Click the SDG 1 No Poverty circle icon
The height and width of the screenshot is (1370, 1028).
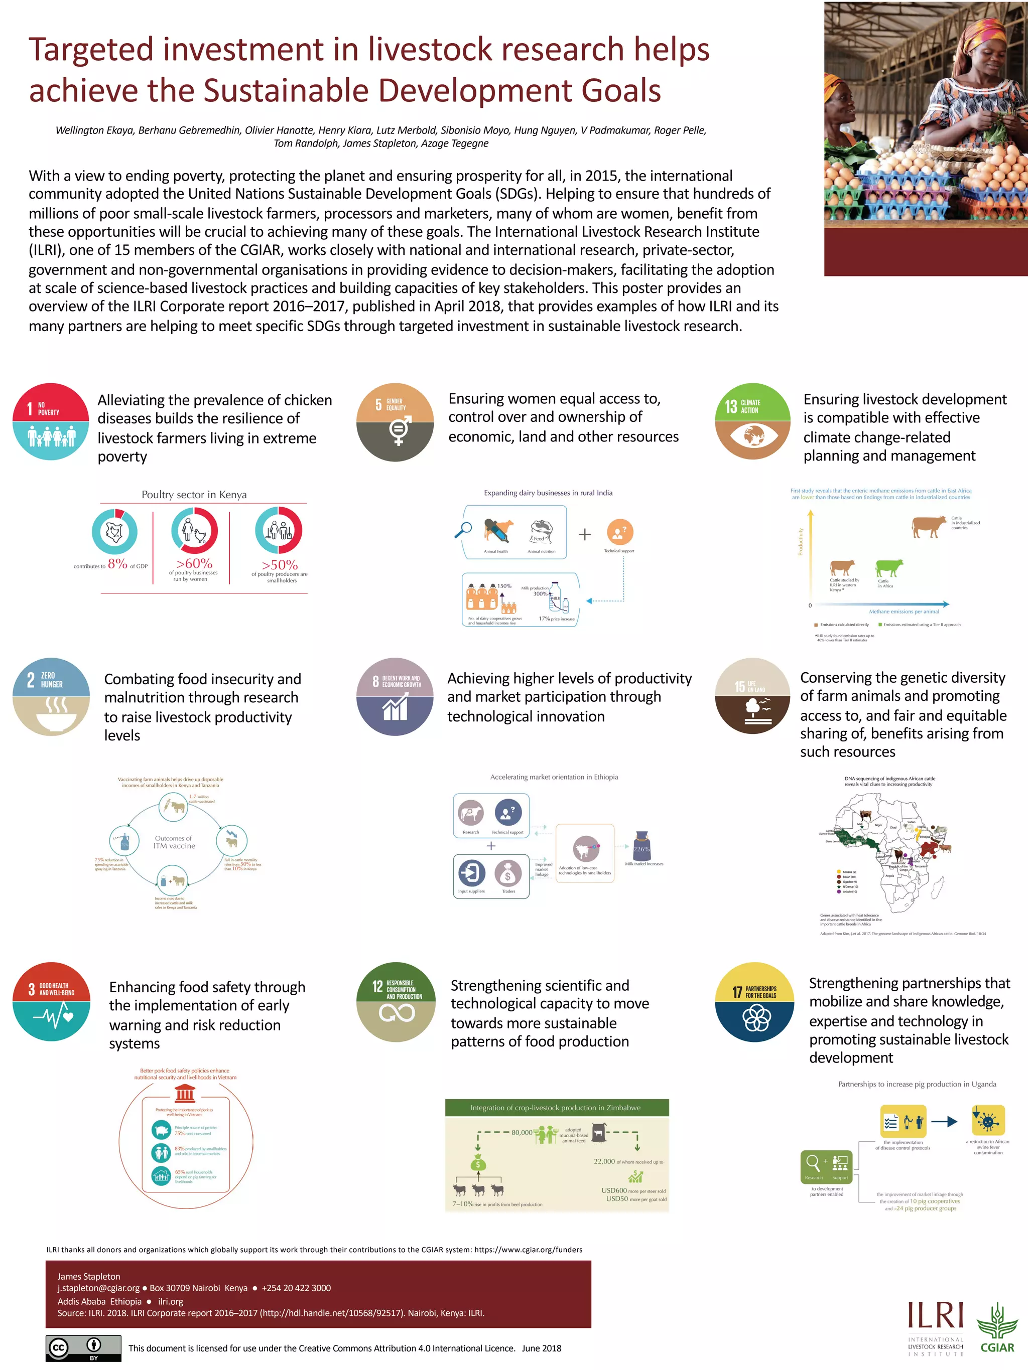(51, 421)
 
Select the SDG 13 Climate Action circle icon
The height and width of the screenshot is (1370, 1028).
(752, 421)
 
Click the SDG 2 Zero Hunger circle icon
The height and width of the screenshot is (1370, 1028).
(51, 697)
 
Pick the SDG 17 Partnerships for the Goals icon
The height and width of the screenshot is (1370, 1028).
(754, 1001)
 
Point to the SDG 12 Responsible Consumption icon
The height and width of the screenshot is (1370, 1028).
(396, 1001)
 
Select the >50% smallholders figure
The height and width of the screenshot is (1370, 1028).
(280, 565)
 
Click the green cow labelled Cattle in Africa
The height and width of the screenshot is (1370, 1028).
(888, 567)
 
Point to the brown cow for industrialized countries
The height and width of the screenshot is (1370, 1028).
(928, 526)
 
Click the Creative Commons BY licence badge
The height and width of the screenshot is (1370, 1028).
(83, 1348)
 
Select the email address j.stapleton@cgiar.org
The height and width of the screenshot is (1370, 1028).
(98, 1288)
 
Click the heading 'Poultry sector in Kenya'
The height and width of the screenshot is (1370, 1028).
(194, 494)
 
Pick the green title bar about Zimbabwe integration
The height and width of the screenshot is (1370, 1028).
(557, 1108)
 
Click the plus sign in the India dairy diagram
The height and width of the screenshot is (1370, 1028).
(584, 534)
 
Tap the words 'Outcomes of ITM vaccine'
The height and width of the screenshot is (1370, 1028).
(174, 842)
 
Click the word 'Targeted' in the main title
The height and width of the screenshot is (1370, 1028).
(91, 50)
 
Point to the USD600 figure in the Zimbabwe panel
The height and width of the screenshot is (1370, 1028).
(613, 1190)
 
